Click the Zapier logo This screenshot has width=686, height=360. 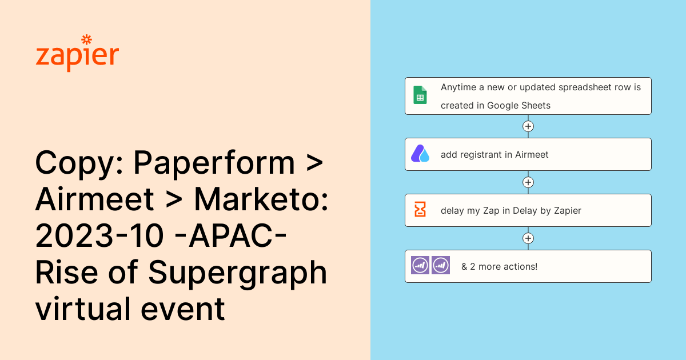(x=77, y=54)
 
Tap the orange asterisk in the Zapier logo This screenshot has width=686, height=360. (x=87, y=39)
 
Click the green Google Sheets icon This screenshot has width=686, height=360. (x=420, y=95)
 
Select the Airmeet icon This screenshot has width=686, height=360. (x=420, y=154)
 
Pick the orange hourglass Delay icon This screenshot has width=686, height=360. (x=420, y=210)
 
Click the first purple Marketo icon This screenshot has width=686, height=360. (x=420, y=265)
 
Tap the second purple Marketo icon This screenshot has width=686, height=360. (x=441, y=265)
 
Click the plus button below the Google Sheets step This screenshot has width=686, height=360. (x=528, y=126)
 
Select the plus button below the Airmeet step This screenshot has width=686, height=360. (x=528, y=182)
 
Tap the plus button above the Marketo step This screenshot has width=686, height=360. (x=528, y=238)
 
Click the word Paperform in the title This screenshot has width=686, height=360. (x=214, y=164)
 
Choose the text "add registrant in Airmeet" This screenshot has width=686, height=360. (x=494, y=154)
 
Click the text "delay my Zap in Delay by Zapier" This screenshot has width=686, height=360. (x=510, y=210)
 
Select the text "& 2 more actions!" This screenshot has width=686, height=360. (x=499, y=266)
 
